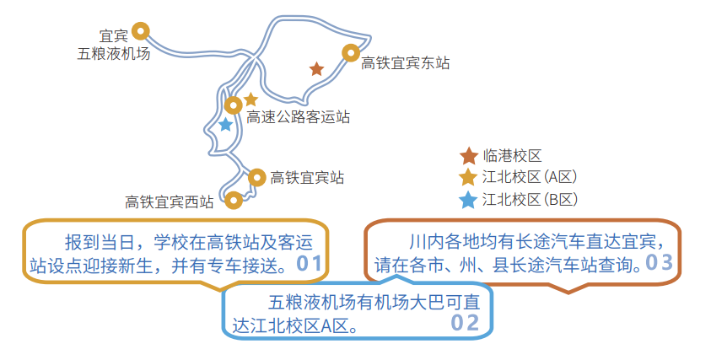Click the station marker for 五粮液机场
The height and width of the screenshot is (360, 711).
point(141,32)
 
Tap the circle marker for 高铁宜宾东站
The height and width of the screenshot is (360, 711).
point(351,53)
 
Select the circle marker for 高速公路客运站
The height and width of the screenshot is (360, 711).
point(234,105)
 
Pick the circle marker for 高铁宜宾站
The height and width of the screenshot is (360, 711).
point(257,177)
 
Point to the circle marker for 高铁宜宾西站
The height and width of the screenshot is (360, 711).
point(234,201)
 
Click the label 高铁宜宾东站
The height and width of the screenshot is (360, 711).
point(405,63)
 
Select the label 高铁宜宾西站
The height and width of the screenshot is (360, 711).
point(170,201)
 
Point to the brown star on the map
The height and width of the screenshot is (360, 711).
point(316,69)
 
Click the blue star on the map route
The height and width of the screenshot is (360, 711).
point(225,125)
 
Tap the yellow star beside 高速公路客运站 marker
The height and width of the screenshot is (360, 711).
point(250,99)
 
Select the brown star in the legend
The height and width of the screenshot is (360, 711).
point(468,156)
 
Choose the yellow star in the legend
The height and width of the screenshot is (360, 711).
point(468,178)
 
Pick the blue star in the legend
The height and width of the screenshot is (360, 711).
point(468,200)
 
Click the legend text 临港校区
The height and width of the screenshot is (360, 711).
point(512,156)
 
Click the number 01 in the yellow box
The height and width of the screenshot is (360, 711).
point(310,264)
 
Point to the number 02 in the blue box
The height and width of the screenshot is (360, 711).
point(465,323)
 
